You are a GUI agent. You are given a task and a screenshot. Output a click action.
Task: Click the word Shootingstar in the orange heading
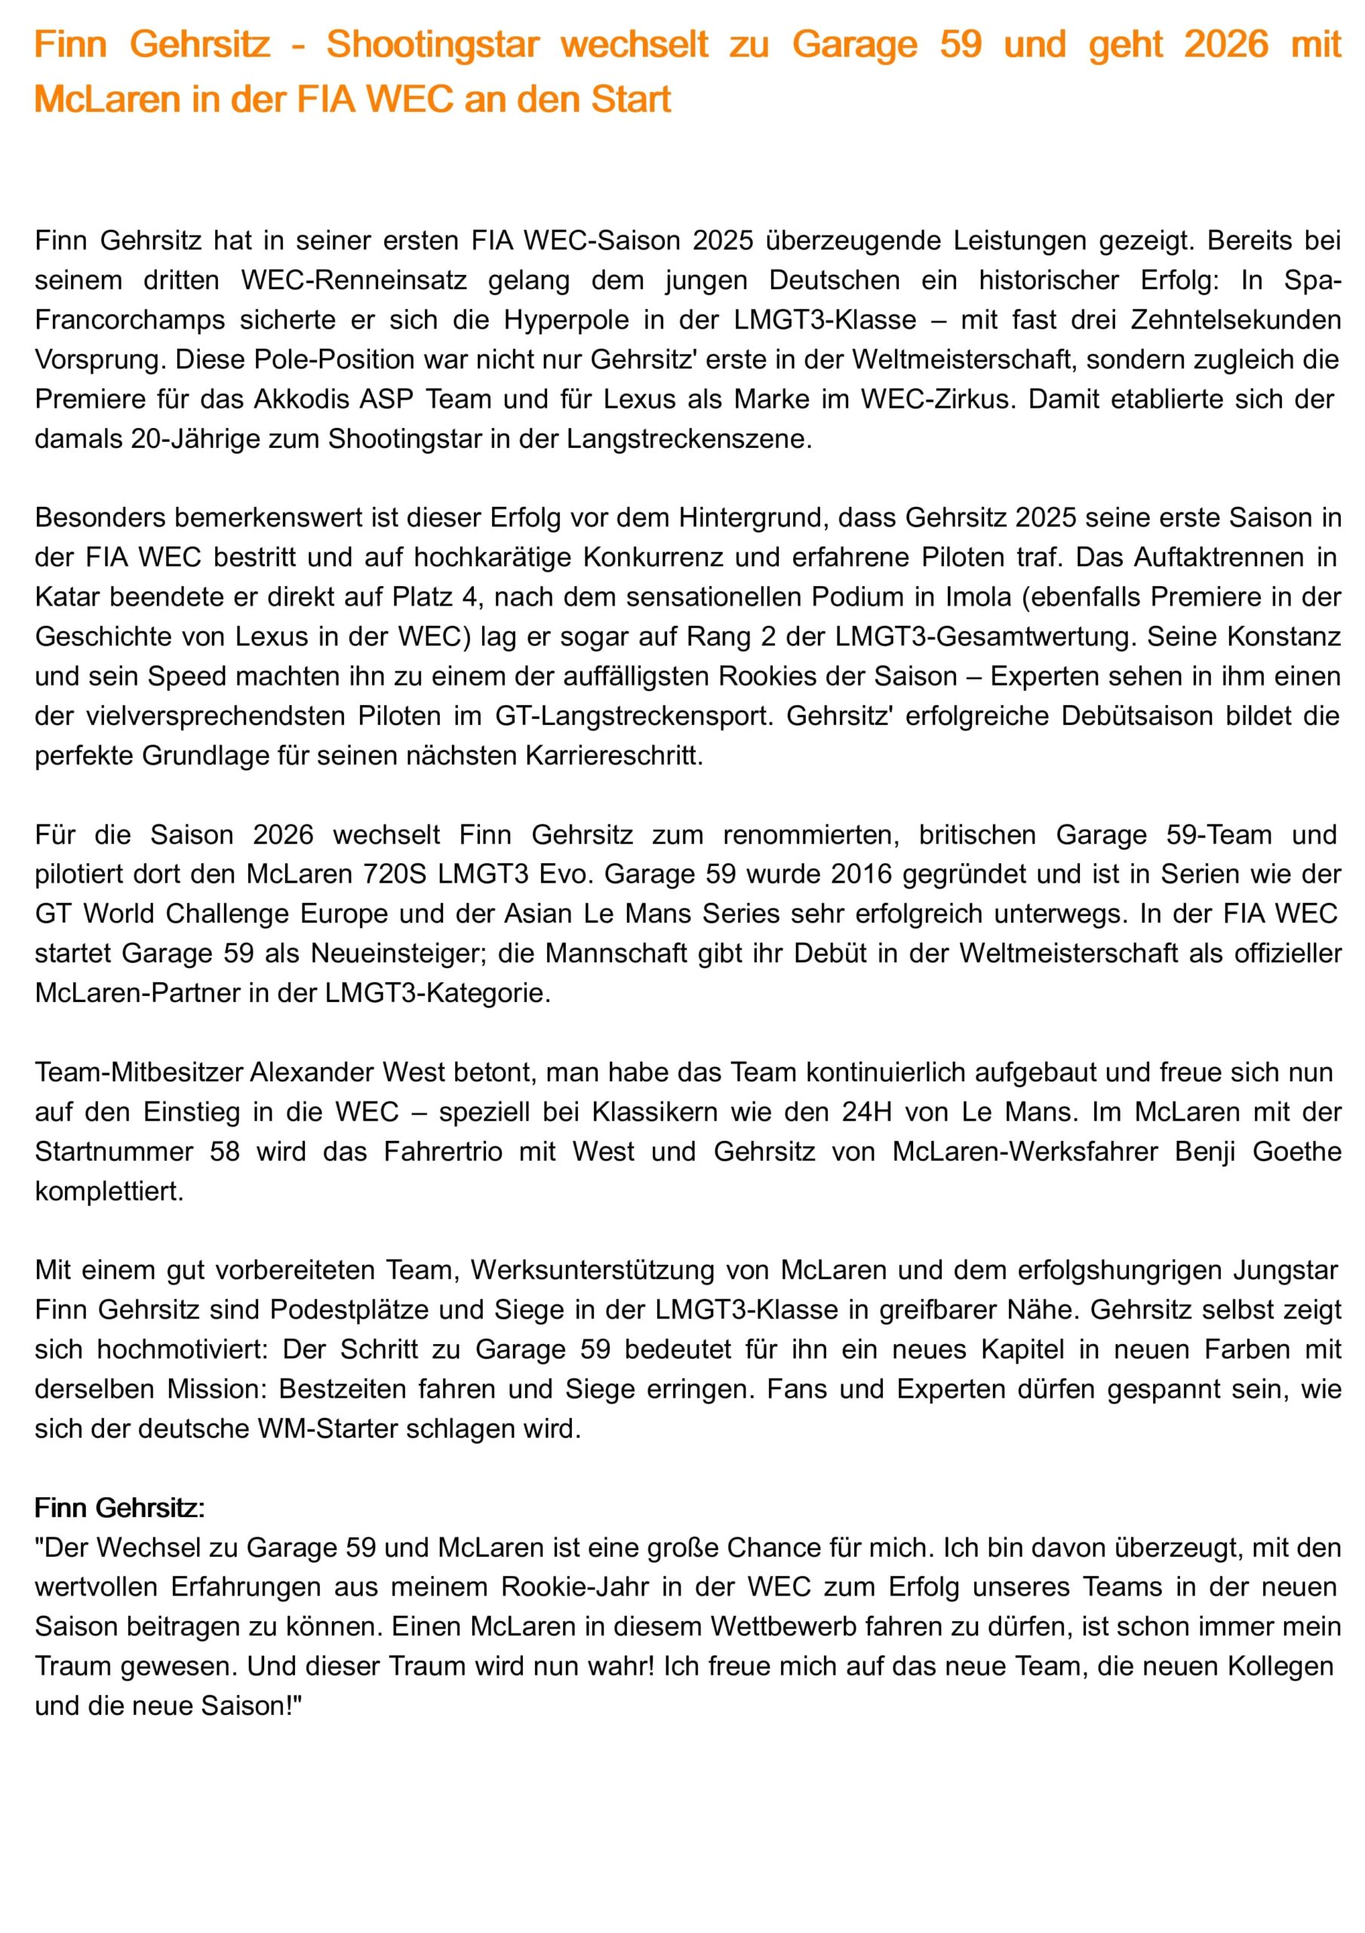point(432,45)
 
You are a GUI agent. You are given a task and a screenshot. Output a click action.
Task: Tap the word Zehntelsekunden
point(1235,320)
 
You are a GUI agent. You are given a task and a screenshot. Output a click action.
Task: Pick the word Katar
point(68,597)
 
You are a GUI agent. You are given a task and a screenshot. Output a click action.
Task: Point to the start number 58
point(225,1151)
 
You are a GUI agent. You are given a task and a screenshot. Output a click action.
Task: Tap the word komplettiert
point(109,1192)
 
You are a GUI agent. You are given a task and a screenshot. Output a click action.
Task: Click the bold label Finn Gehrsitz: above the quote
point(119,1508)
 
